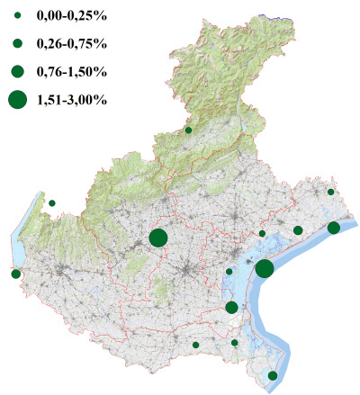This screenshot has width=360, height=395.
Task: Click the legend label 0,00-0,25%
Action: (71, 17)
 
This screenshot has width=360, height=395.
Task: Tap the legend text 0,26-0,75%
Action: (71, 43)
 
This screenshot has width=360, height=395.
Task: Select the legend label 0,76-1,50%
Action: (71, 70)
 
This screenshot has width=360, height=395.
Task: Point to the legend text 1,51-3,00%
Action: (71, 100)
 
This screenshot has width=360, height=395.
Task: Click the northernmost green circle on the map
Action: (189, 130)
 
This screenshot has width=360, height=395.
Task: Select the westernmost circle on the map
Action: (15, 274)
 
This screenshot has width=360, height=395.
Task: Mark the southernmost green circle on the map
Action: (273, 375)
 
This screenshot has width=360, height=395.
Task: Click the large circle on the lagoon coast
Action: (265, 268)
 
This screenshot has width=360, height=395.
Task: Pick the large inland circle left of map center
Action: (157, 238)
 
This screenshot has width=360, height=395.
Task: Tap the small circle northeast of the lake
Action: (52, 203)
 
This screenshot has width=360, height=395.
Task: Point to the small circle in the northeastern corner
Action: (331, 192)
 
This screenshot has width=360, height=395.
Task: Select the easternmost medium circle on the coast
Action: (334, 228)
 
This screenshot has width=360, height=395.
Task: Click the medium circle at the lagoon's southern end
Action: (231, 308)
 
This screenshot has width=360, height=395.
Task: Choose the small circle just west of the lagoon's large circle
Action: (229, 272)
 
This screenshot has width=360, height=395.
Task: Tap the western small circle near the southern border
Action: (195, 345)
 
